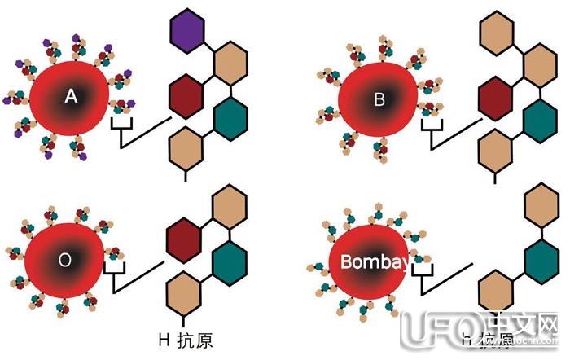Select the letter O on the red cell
coord(66,261)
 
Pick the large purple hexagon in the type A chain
coord(186,33)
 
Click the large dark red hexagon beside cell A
coord(186,94)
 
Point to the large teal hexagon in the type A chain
coord(232,117)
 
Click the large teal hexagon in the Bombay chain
coord(541,262)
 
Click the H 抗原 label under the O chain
coord(186,336)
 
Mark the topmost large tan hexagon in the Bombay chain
coord(541,204)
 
